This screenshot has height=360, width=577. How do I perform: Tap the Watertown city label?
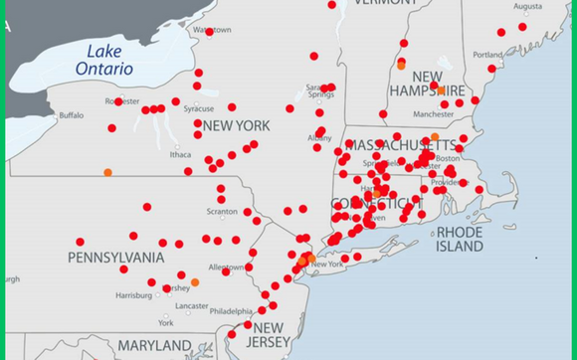pyautogui.click(x=211, y=30)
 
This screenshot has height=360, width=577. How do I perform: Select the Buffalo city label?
pyautogui.click(x=72, y=115)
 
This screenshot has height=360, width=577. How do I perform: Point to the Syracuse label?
pyautogui.click(x=198, y=108)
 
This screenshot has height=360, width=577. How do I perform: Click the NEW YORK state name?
pyautogui.click(x=236, y=126)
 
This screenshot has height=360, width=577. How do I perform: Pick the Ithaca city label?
pyautogui.click(x=180, y=154)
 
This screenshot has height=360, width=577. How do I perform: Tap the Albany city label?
pyautogui.click(x=319, y=137)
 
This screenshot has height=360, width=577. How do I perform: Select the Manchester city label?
pyautogui.click(x=434, y=114)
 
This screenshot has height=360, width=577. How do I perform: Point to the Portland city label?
pyautogui.click(x=487, y=55)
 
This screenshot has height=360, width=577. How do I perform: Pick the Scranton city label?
pyautogui.click(x=222, y=211)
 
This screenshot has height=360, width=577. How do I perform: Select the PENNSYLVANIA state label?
pyautogui.click(x=116, y=258)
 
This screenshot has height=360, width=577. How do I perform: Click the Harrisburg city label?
pyautogui.click(x=133, y=295)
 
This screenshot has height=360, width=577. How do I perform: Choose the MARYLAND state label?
pyautogui.click(x=154, y=345)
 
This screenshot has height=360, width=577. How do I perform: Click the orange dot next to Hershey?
pyautogui.click(x=195, y=282)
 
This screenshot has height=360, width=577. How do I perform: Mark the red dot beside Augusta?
pyautogui.click(x=522, y=27)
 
